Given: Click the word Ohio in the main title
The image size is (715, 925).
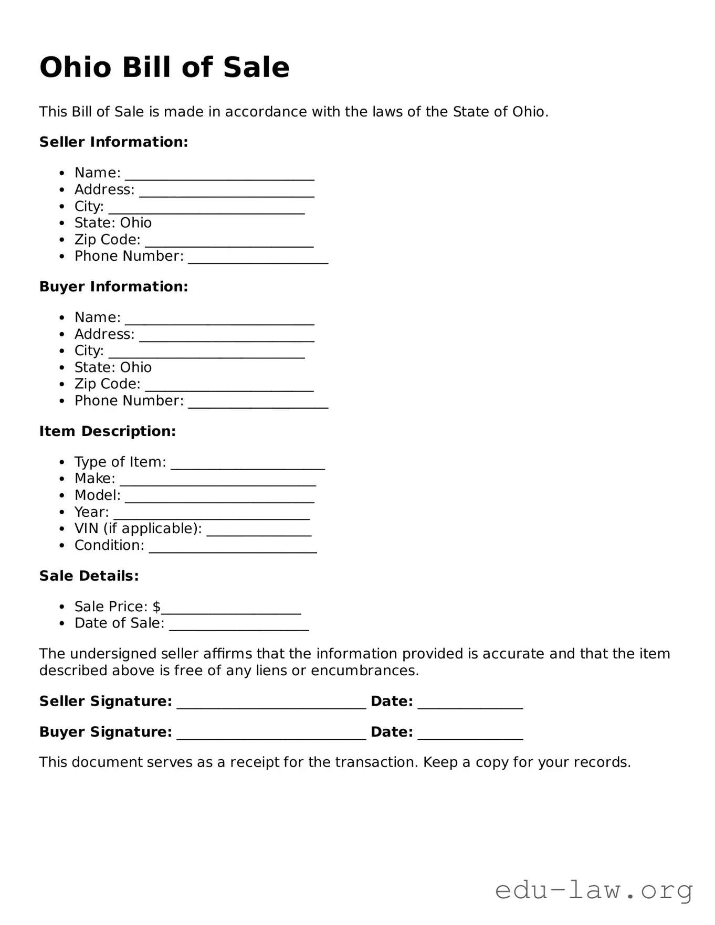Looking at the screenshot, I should [x=76, y=68].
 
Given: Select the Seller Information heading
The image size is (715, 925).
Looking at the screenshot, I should [x=113, y=142].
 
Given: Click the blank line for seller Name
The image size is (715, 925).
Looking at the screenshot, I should [x=219, y=176].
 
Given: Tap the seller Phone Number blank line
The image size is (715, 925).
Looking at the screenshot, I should [x=258, y=260].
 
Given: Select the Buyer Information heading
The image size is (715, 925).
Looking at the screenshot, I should [x=113, y=286].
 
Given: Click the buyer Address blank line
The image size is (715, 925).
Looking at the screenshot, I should [x=226, y=338].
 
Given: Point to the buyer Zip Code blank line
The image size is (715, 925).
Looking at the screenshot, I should [x=229, y=388].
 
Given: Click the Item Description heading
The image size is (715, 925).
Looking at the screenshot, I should [x=108, y=431].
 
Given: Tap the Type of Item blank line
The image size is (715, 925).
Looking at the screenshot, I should [x=248, y=465].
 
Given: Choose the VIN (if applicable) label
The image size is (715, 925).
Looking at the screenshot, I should [x=138, y=528].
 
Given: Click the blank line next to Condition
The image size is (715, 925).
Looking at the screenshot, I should [x=233, y=549].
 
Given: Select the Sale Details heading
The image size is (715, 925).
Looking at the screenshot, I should [x=89, y=576].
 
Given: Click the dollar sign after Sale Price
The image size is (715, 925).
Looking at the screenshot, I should [x=156, y=607].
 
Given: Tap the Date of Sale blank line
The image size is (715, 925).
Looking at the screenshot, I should [x=239, y=627].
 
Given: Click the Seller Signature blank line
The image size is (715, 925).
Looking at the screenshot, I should [x=271, y=705].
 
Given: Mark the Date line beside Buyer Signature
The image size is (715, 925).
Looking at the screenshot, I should [x=470, y=736].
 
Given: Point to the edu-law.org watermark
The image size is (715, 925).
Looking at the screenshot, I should [x=594, y=890].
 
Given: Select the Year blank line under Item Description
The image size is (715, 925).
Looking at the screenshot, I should [x=211, y=516].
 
